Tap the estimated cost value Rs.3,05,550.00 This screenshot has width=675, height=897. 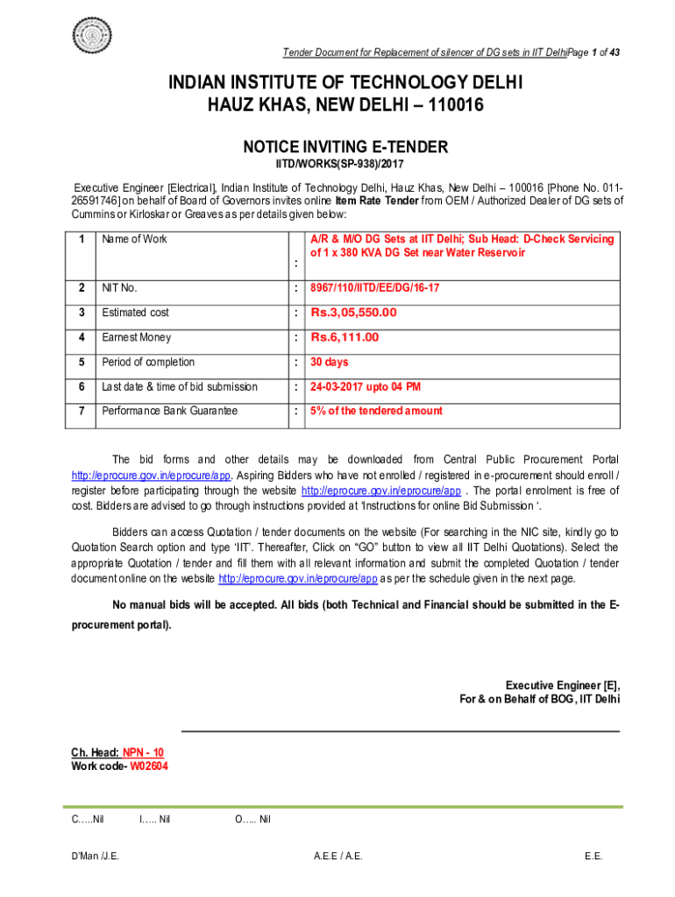pyautogui.click(x=353, y=313)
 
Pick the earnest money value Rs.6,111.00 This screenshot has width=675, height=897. pyautogui.click(x=345, y=337)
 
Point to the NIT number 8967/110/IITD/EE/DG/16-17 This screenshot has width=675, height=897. pyautogui.click(x=375, y=287)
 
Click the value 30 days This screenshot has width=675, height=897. pyautogui.click(x=329, y=362)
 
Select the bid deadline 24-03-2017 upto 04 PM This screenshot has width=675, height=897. pyautogui.click(x=366, y=386)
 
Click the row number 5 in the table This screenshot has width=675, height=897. pyautogui.click(x=81, y=362)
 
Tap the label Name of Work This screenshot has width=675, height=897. pyautogui.click(x=134, y=239)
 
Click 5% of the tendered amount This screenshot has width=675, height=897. pyautogui.click(x=376, y=411)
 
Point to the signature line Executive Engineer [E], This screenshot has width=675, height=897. pyautogui.click(x=562, y=685)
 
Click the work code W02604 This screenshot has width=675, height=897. pyautogui.click(x=149, y=766)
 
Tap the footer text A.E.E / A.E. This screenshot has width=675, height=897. pyautogui.click(x=337, y=856)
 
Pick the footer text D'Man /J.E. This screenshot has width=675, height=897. pyautogui.click(x=96, y=856)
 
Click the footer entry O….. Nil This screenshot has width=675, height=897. pyautogui.click(x=252, y=819)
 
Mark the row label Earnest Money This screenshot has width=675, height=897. pyautogui.click(x=136, y=337)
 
